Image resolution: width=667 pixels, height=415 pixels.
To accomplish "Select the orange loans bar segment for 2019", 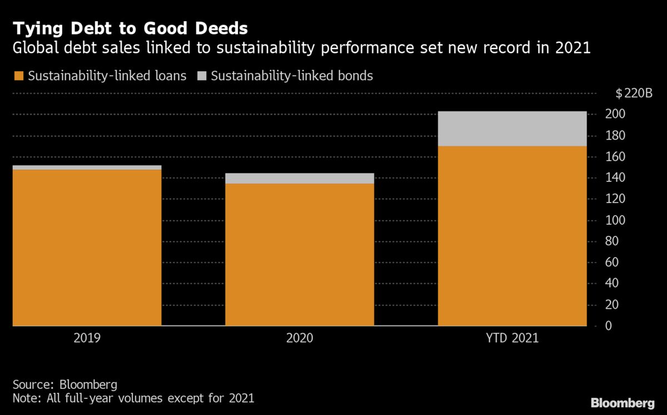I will click(x=87, y=248).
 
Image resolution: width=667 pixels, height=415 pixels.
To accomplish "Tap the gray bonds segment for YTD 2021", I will click(x=512, y=129).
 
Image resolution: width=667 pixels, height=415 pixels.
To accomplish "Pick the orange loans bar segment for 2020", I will click(x=300, y=254).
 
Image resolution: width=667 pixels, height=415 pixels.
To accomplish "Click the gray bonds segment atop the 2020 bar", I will click(x=300, y=178).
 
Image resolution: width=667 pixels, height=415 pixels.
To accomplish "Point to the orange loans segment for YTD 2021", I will click(x=512, y=236).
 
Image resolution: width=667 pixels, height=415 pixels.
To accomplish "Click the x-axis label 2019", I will click(x=87, y=338).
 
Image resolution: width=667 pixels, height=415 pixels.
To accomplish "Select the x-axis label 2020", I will click(x=300, y=338).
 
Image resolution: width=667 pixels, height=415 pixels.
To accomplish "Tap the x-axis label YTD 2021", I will click(x=512, y=338).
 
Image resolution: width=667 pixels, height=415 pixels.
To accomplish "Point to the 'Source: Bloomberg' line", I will click(x=64, y=384).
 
